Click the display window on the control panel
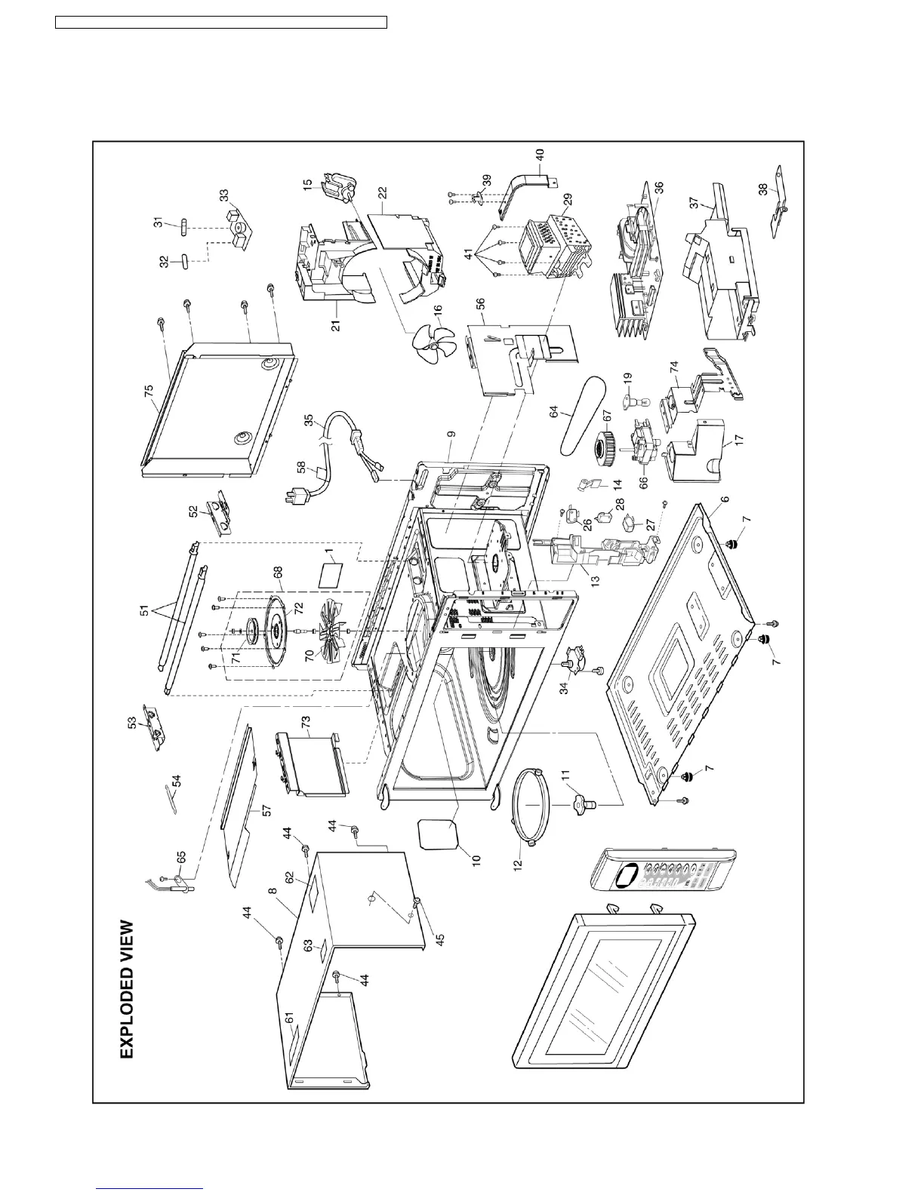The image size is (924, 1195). [x=626, y=877]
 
